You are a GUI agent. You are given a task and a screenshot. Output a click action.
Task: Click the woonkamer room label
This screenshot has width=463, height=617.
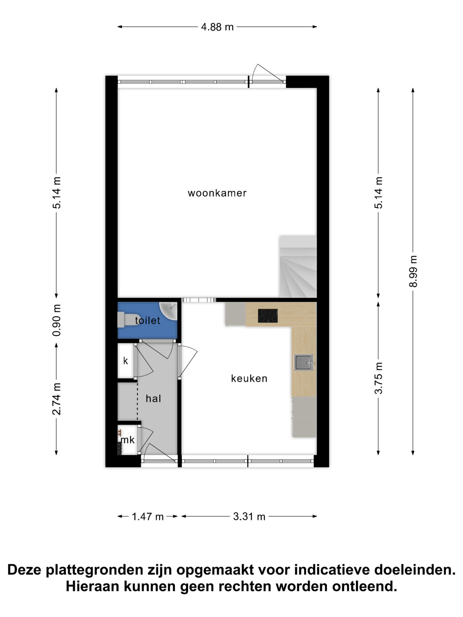(x=217, y=193)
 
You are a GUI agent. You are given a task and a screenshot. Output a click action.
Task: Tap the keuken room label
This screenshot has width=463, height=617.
(x=249, y=378)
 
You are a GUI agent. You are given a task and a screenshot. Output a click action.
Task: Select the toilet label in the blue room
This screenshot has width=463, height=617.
(x=147, y=320)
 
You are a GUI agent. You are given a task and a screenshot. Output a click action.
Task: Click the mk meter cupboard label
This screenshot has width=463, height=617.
(x=128, y=440)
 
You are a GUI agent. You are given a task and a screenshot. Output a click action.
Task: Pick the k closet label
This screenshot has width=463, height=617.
(x=126, y=361)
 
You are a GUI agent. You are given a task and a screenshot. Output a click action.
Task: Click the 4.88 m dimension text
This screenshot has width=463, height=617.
(x=217, y=27)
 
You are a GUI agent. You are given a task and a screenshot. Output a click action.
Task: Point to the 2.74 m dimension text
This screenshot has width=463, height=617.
(x=56, y=399)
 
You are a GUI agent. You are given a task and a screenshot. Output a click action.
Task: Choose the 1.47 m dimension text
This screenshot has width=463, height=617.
(x=147, y=516)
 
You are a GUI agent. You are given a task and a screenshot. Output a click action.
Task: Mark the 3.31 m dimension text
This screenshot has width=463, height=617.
(x=249, y=516)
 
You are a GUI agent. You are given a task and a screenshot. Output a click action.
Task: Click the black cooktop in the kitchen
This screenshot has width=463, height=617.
(x=268, y=315)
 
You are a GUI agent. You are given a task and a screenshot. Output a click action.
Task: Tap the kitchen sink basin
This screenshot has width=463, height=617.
(x=303, y=363)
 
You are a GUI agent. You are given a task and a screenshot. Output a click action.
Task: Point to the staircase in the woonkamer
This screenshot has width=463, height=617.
(x=298, y=267)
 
